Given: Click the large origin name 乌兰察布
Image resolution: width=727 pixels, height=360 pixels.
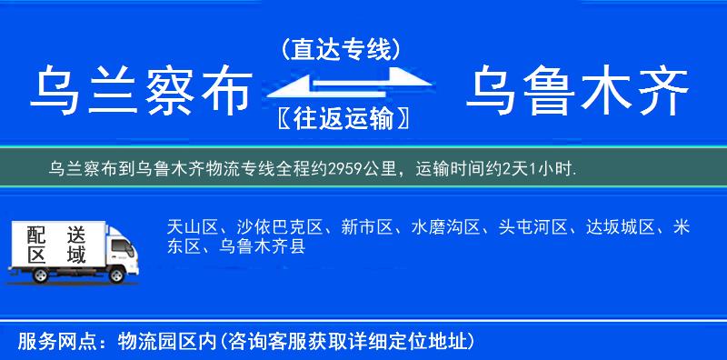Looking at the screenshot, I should point(141,93).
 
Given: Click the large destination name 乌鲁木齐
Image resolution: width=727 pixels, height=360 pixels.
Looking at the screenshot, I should point(577,93).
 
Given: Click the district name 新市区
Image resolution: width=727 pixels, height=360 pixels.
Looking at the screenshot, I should point(361,226).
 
